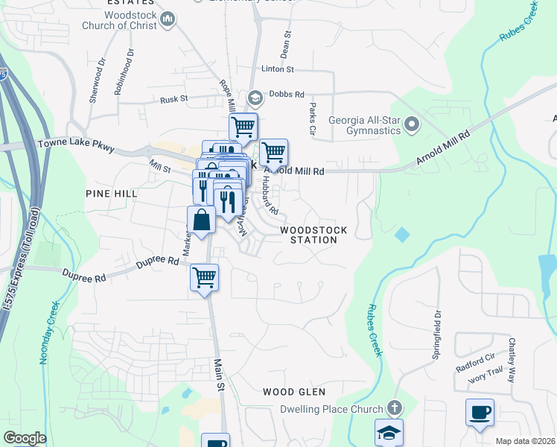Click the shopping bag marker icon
pyautogui.click(x=201, y=220)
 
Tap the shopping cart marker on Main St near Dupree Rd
pyautogui.click(x=204, y=277)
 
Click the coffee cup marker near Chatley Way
pyautogui.click(x=480, y=411)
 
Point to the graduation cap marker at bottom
pyautogui.click(x=389, y=433)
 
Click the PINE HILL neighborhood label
pyautogui.click(x=111, y=193)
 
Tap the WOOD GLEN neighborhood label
pyautogui.click(x=290, y=391)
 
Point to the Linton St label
pyautogui.click(x=278, y=69)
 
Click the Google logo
pyautogui.click(x=25, y=437)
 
